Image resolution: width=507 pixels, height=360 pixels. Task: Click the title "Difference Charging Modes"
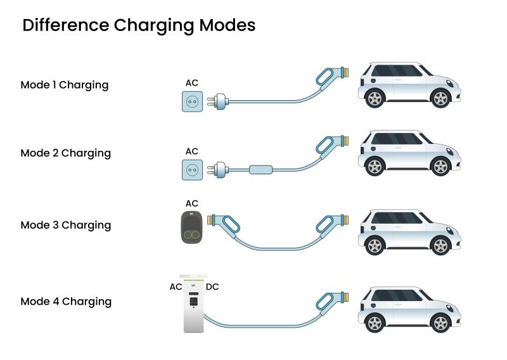pyautogui.click(x=139, y=25)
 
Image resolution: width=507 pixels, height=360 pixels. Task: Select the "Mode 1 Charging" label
pyautogui.click(x=65, y=85)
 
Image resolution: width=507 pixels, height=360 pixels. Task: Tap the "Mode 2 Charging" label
pyautogui.click(x=65, y=153)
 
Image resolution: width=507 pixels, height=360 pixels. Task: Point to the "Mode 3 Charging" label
pyautogui.click(x=65, y=226)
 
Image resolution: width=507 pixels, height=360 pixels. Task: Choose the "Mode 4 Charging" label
pyautogui.click(x=66, y=302)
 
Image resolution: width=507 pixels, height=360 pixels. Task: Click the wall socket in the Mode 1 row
pyautogui.click(x=192, y=101)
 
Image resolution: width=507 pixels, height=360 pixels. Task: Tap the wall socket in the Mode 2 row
pyautogui.click(x=192, y=169)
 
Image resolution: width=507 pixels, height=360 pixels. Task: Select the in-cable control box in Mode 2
pyautogui.click(x=261, y=170)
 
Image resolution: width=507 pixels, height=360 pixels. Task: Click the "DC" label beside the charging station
pyautogui.click(x=213, y=287)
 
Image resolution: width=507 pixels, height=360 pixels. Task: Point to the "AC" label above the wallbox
pyautogui.click(x=191, y=203)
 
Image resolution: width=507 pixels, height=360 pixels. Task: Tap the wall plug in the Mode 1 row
pyautogui.click(x=219, y=101)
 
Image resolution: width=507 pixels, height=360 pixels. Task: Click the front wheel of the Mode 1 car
pyautogui.click(x=375, y=98)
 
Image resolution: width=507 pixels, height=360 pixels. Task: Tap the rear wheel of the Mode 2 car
pyautogui.click(x=439, y=167)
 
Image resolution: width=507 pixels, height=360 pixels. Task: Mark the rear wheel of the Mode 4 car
pyautogui.click(x=439, y=323)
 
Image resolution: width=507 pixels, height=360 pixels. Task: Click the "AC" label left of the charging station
pyautogui.click(x=176, y=287)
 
